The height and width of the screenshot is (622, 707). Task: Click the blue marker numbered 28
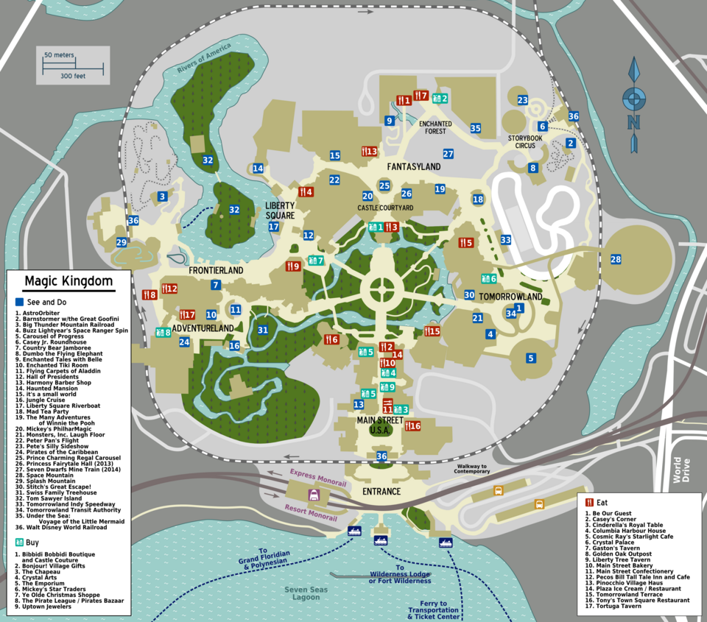point(616,259)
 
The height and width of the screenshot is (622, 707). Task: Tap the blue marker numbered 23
point(523,100)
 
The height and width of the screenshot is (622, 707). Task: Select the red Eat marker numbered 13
point(369,152)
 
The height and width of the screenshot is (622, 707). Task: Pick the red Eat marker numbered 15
point(432,331)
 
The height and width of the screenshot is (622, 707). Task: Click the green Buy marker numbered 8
point(163,332)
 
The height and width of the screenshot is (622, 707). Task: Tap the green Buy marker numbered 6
point(488,278)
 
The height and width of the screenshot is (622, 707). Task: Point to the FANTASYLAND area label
point(414,167)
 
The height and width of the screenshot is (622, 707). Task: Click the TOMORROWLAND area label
point(510,297)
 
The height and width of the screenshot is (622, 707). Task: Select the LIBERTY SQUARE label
point(280,211)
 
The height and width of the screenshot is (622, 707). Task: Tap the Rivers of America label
point(204,60)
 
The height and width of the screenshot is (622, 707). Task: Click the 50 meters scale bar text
point(58,55)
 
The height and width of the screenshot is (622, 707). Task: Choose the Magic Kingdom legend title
point(68,281)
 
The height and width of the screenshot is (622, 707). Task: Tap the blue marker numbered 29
point(122,242)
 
